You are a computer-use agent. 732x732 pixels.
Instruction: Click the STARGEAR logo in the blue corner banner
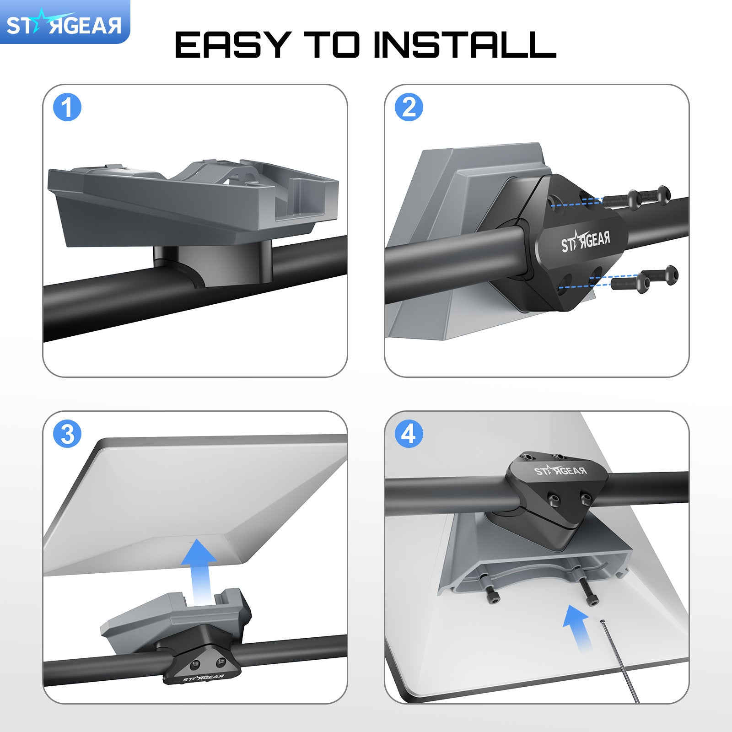coord(64,25)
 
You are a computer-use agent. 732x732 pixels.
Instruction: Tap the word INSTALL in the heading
coord(464,45)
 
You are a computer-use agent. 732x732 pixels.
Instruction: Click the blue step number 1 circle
coord(67,108)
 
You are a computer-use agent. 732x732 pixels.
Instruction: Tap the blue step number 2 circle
coord(409,108)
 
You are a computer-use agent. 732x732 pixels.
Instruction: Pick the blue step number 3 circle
coord(67,434)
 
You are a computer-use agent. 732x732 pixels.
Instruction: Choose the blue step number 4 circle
coord(409,434)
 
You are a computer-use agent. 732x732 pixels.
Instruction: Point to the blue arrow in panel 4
coord(577,627)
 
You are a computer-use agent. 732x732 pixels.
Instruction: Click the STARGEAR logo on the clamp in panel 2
coord(586,242)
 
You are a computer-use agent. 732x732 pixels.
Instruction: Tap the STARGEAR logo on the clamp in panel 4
coord(560,471)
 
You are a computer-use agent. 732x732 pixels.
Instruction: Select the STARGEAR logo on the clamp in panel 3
coord(204,677)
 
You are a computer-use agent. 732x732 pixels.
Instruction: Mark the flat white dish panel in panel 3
coord(192,503)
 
